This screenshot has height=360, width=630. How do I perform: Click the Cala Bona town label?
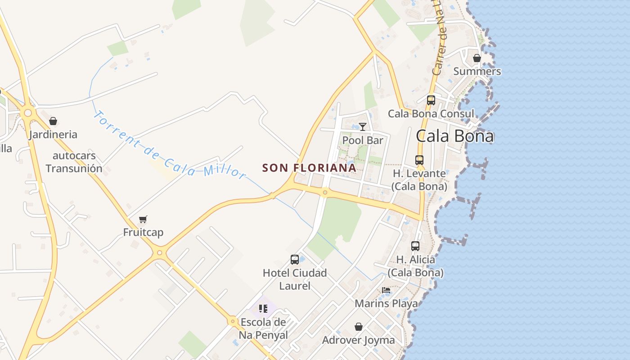(x=454, y=136)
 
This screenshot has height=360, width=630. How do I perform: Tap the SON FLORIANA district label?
(x=309, y=168)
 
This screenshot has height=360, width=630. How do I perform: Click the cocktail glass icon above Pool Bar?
(x=363, y=127)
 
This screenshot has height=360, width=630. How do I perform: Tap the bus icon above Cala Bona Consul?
(x=431, y=100)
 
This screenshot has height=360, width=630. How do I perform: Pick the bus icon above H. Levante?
(x=419, y=160)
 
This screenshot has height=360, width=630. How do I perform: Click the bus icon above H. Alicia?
(x=415, y=246)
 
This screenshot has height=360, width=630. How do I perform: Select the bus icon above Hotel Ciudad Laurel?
(x=295, y=260)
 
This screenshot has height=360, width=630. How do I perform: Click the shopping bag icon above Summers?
(x=477, y=58)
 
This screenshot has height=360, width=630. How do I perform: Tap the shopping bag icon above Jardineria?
(x=53, y=121)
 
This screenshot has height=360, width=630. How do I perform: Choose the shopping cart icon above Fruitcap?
(x=143, y=219)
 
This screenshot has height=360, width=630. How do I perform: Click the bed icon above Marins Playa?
(x=386, y=290)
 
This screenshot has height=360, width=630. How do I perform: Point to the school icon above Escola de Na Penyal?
(x=263, y=309)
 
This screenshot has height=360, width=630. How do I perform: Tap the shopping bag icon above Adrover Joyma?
(x=359, y=326)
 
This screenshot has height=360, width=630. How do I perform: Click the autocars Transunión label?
(x=74, y=162)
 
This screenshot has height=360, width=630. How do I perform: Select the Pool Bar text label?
(x=363, y=140)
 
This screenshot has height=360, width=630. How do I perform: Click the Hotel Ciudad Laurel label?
(x=295, y=279)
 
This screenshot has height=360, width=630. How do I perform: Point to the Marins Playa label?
(x=386, y=303)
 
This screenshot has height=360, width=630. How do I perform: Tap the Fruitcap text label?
(x=143, y=232)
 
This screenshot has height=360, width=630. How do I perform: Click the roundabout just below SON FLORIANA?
(x=325, y=193)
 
